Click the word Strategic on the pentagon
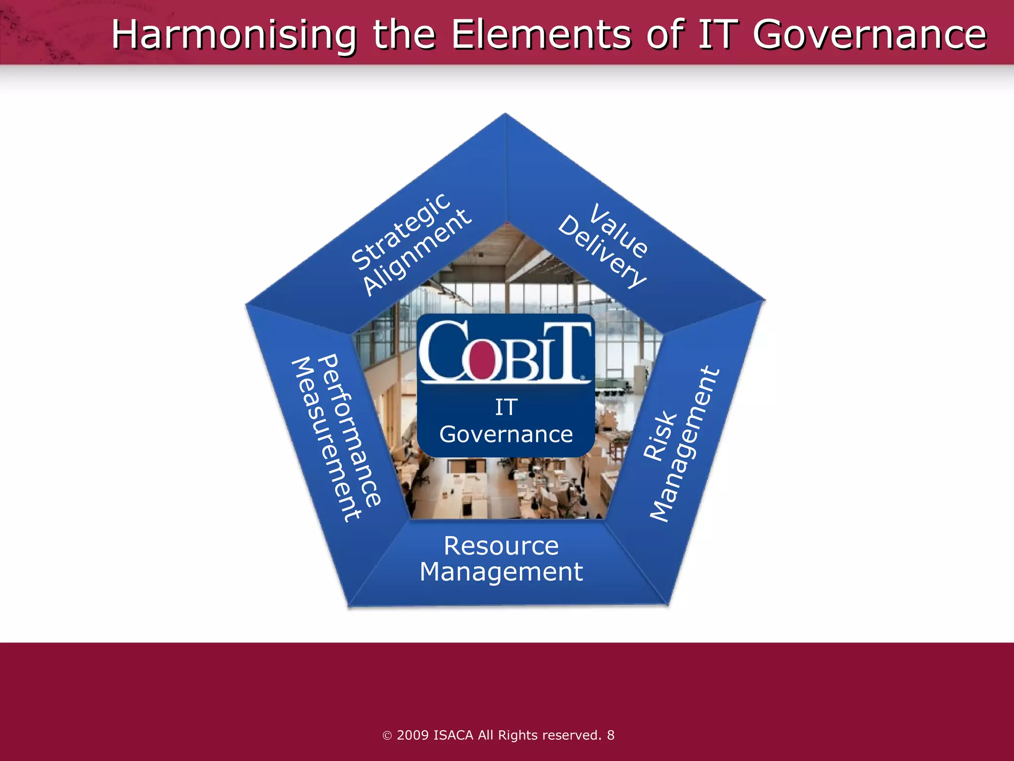click(x=401, y=231)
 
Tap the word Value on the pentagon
click(x=619, y=230)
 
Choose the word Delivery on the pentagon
click(x=602, y=252)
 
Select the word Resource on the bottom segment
click(x=501, y=546)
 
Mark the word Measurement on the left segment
click(x=326, y=439)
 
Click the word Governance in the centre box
click(x=506, y=435)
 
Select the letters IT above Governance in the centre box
click(x=506, y=407)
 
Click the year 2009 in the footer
click(x=413, y=735)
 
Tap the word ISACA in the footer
click(x=453, y=735)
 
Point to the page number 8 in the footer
click(x=610, y=735)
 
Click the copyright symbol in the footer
click(x=387, y=736)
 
